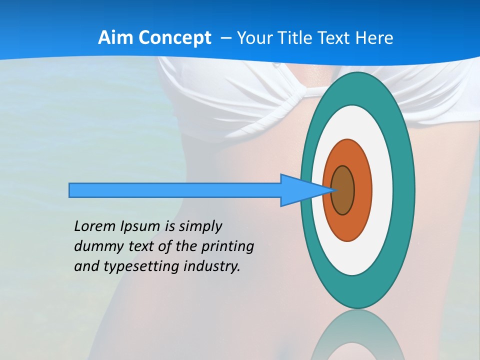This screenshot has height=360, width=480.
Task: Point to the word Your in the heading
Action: point(255,38)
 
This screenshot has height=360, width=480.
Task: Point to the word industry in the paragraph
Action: point(212,266)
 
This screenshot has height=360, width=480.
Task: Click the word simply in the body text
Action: point(199,226)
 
